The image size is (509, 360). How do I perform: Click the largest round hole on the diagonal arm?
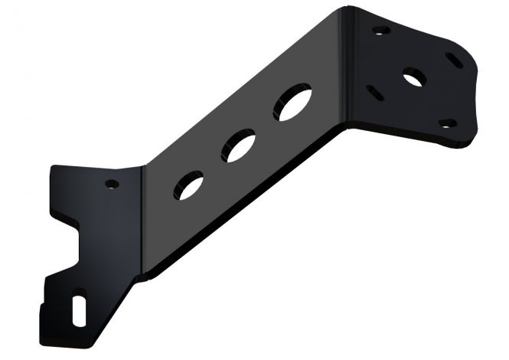(294, 104)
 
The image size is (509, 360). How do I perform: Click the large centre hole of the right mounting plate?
(413, 77)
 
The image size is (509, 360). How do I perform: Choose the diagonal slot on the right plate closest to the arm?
(374, 93)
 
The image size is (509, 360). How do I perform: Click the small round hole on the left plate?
(112, 184)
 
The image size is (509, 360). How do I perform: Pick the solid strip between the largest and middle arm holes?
(268, 126)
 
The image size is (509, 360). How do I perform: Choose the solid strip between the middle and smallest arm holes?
(215, 166)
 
